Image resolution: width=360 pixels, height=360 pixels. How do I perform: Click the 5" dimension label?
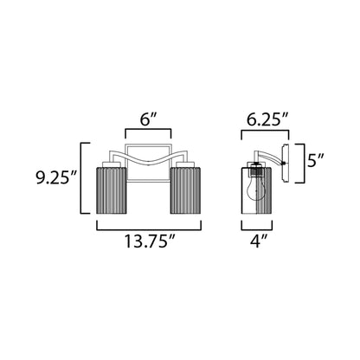tap(317, 160)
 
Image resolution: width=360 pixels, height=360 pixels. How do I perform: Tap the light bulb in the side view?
tap(258, 184)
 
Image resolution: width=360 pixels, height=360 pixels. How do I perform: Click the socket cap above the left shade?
tap(111, 164)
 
